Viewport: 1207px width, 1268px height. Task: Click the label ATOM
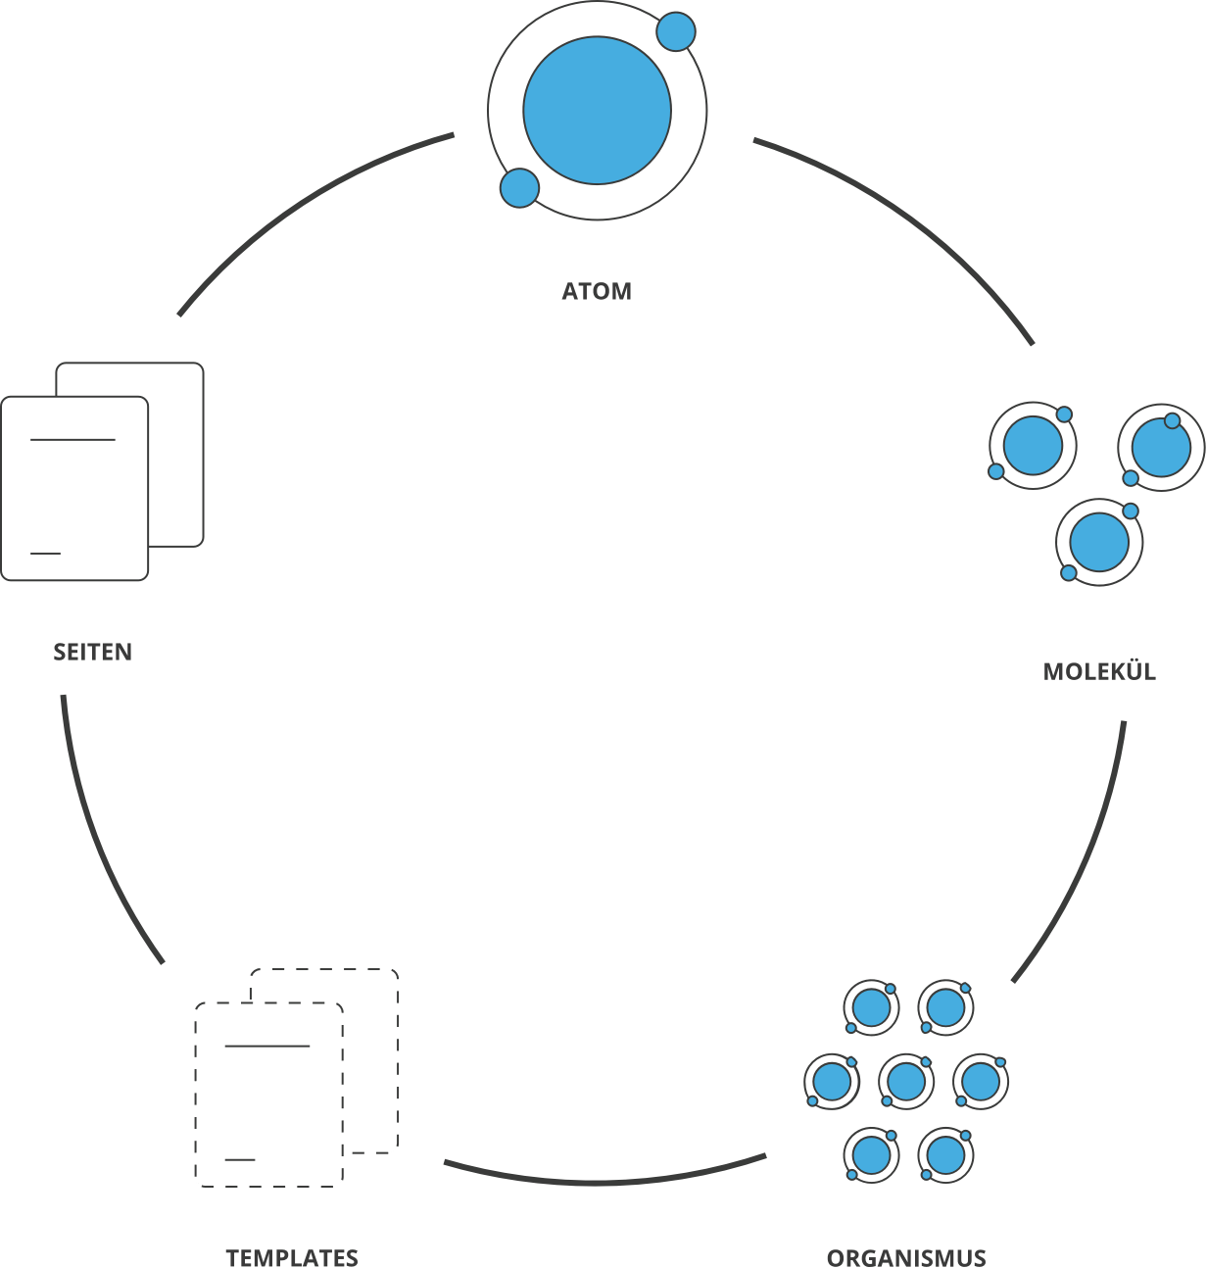tap(596, 291)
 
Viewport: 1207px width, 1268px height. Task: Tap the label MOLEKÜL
tap(1098, 671)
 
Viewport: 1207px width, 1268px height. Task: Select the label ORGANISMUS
tap(906, 1256)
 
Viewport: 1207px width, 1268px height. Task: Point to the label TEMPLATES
tap(291, 1256)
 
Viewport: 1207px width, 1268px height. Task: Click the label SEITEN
tap(92, 652)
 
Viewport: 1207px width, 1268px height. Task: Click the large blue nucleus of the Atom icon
tap(597, 111)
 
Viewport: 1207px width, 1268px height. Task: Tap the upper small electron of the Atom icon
tap(675, 32)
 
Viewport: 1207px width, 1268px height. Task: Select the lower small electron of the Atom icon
tap(519, 188)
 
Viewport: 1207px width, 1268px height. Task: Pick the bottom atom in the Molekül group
tap(1099, 542)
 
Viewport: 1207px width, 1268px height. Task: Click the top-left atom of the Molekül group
tap(1033, 445)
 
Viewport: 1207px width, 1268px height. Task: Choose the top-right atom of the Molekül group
tap(1161, 447)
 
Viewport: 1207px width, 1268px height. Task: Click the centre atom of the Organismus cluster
tap(905, 1081)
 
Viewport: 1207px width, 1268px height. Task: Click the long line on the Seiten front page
tap(72, 440)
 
